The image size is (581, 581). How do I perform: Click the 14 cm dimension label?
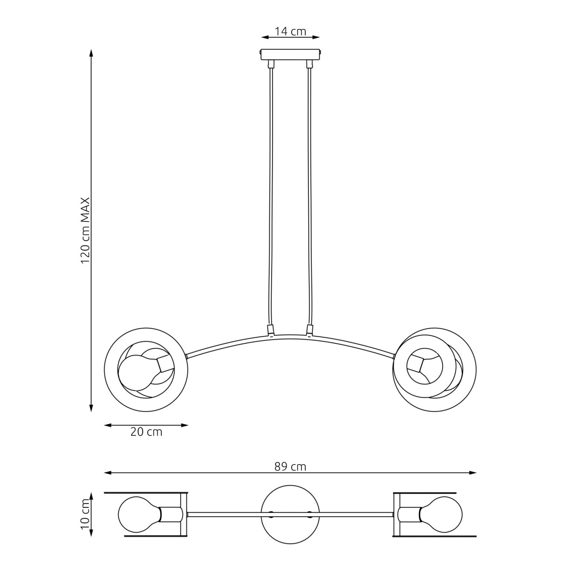pos(290,31)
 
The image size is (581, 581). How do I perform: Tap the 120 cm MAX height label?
pos(86,230)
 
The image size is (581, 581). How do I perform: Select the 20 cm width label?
pos(146,432)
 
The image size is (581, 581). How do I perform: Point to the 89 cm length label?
pos(290,467)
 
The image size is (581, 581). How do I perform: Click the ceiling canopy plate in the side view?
pos(290,54)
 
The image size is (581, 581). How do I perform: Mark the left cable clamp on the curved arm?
pos(271,331)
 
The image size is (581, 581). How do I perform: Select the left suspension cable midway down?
pos(271,194)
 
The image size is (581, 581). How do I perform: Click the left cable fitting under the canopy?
pos(271,63)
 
